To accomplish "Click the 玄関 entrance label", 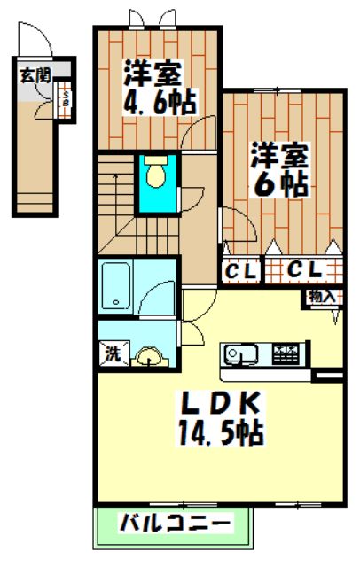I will click(36, 74).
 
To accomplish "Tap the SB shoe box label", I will click(64, 98).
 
